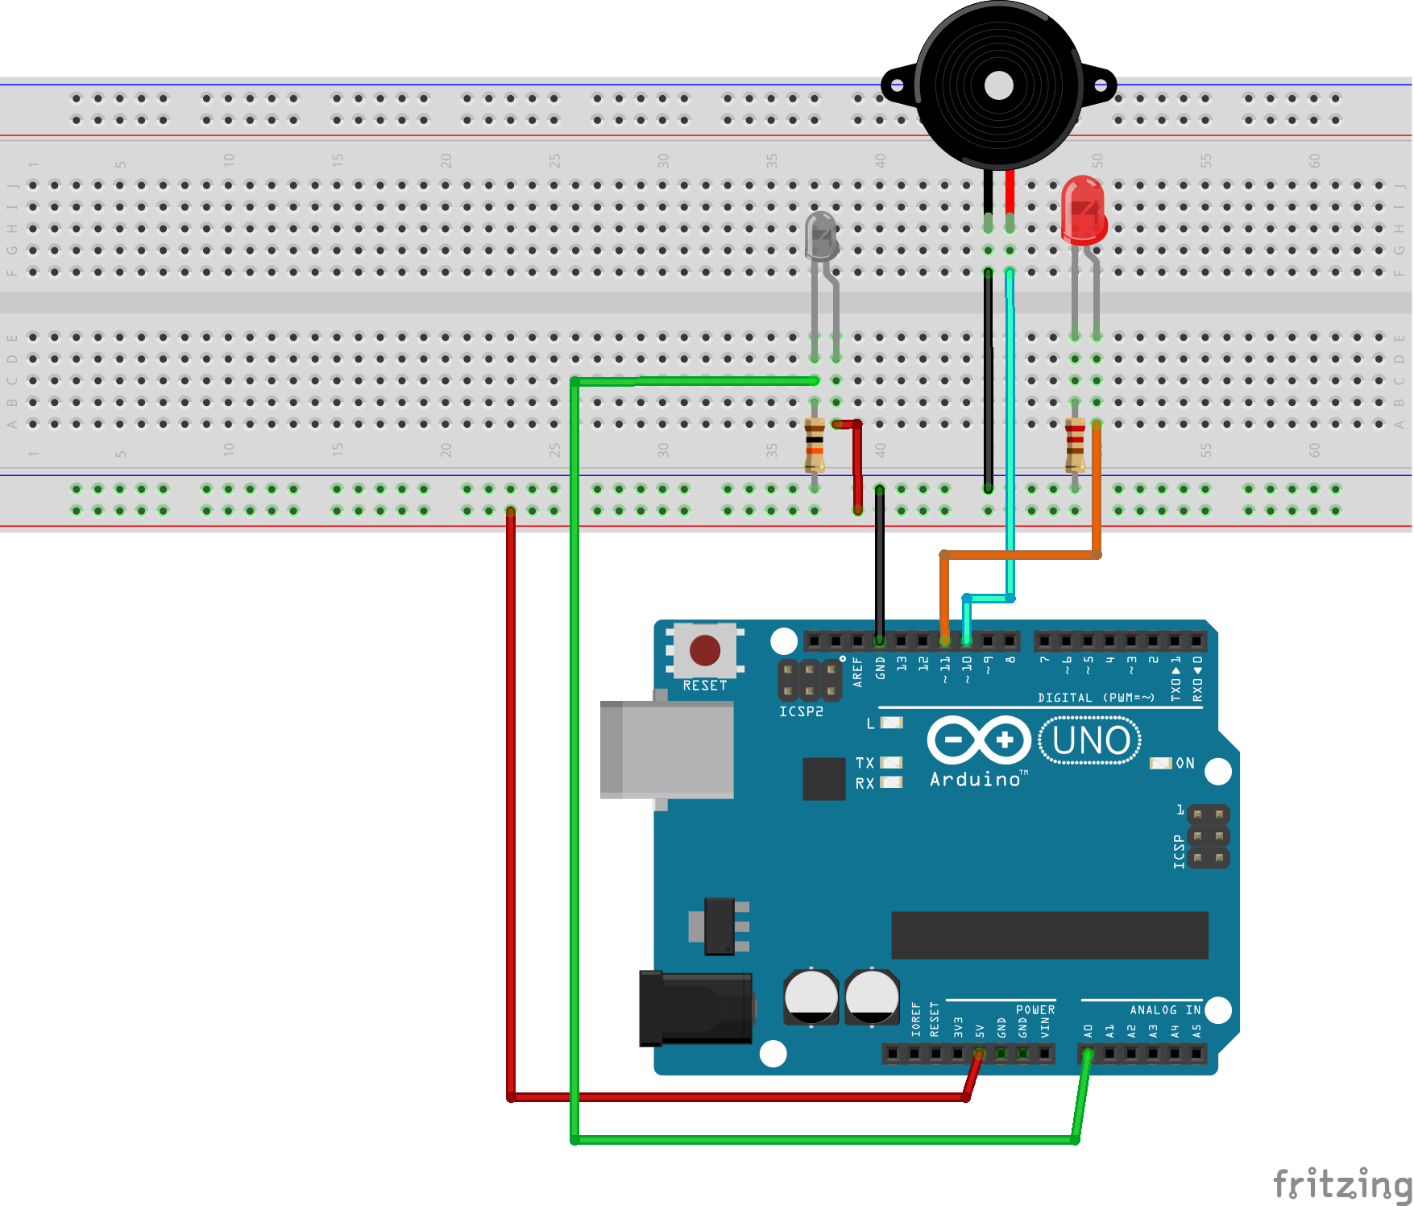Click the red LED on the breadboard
point(1083,211)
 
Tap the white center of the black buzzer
point(998,85)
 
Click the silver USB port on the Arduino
point(667,749)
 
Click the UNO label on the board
point(1090,740)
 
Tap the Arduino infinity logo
point(979,740)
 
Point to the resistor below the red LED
point(1075,446)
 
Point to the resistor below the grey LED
point(815,446)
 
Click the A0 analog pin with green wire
point(1088,1053)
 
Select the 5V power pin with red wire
point(979,1053)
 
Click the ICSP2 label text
point(801,711)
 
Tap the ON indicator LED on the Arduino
point(1160,763)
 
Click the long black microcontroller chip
point(1049,935)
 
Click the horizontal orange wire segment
point(1019,554)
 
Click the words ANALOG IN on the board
point(1164,1009)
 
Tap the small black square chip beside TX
point(823,779)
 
